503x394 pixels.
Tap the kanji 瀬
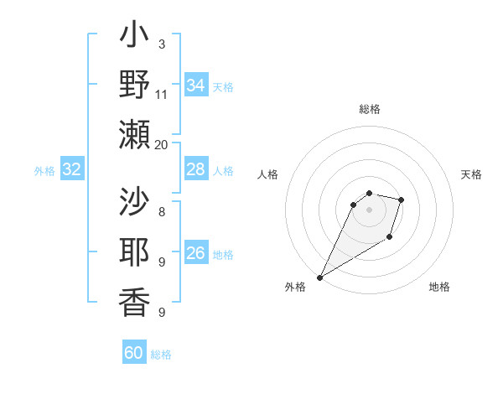(134, 133)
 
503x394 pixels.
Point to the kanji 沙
(134, 202)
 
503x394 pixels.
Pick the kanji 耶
(134, 251)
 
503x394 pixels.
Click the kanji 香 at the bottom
(134, 301)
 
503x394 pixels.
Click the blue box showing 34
(195, 86)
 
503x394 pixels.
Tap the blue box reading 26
(195, 253)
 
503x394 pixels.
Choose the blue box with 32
(71, 170)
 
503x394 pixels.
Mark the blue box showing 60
(134, 353)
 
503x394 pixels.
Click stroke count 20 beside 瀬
(162, 144)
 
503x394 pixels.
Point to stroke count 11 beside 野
(162, 94)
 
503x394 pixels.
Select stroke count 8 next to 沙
(162, 212)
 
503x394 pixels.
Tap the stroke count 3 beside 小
(162, 44)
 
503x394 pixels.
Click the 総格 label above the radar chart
(369, 109)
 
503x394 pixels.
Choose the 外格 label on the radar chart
(295, 287)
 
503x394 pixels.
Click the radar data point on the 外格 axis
(319, 277)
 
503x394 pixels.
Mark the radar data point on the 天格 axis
(402, 200)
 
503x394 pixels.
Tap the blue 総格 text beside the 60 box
(162, 355)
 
